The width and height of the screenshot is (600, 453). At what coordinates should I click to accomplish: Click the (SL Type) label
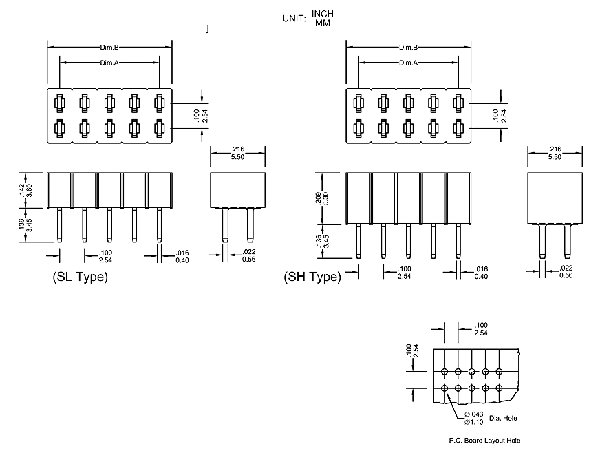(80, 277)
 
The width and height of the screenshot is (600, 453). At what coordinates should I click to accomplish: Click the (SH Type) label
(312, 277)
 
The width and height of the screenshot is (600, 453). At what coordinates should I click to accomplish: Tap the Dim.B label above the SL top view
(110, 48)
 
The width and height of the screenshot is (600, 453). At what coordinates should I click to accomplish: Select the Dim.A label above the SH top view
(409, 63)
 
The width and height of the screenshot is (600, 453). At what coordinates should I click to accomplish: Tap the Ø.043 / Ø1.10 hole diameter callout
(473, 417)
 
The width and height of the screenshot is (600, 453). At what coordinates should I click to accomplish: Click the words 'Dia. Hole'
(503, 418)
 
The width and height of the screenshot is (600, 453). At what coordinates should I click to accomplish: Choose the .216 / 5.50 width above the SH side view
(554, 153)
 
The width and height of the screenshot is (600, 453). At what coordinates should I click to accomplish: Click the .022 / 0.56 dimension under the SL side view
(250, 255)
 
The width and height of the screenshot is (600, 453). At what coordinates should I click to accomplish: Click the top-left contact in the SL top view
(59, 103)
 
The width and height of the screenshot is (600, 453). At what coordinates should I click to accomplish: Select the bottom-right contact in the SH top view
(458, 127)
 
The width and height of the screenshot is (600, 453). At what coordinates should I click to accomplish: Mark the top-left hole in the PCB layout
(445, 372)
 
